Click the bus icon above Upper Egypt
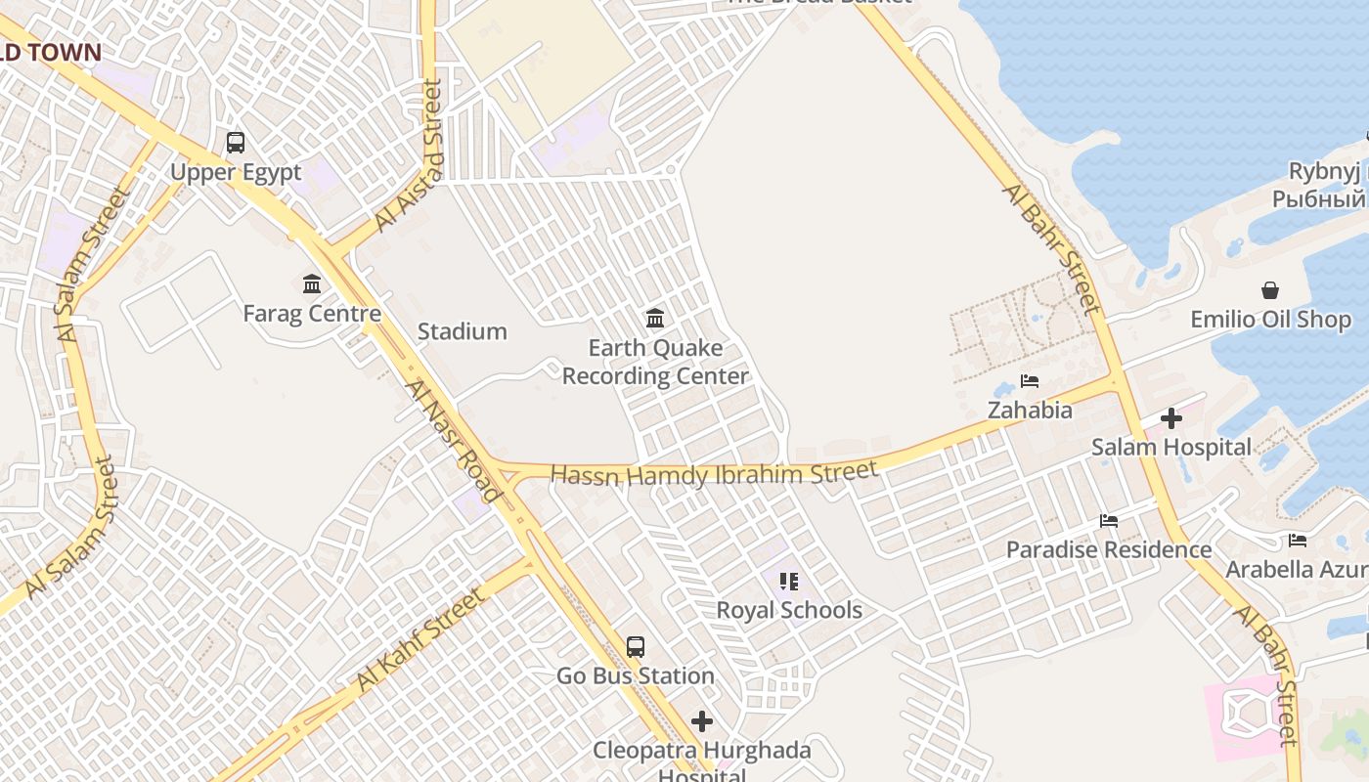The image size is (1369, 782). (x=236, y=143)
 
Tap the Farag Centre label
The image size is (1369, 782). (x=312, y=314)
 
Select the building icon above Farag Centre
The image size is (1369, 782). (x=312, y=284)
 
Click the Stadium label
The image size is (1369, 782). (x=463, y=331)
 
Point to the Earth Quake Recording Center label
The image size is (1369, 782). (x=655, y=362)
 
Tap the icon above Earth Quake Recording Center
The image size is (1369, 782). (x=655, y=318)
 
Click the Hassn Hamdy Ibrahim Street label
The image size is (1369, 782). (x=714, y=474)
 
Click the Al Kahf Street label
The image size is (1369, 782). (x=420, y=638)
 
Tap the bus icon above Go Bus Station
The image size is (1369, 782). (x=636, y=646)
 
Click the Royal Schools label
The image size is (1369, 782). (x=789, y=610)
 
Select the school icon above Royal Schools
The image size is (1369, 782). (x=789, y=582)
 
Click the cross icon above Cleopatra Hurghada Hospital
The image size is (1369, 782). (x=702, y=721)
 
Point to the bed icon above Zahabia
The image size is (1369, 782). (x=1030, y=381)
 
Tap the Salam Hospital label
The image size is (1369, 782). (x=1171, y=448)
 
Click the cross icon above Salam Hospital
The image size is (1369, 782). (x=1170, y=419)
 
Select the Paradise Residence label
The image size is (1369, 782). (x=1109, y=549)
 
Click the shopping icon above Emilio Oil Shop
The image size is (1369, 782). (x=1270, y=290)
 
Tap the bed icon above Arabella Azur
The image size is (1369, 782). (x=1298, y=541)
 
